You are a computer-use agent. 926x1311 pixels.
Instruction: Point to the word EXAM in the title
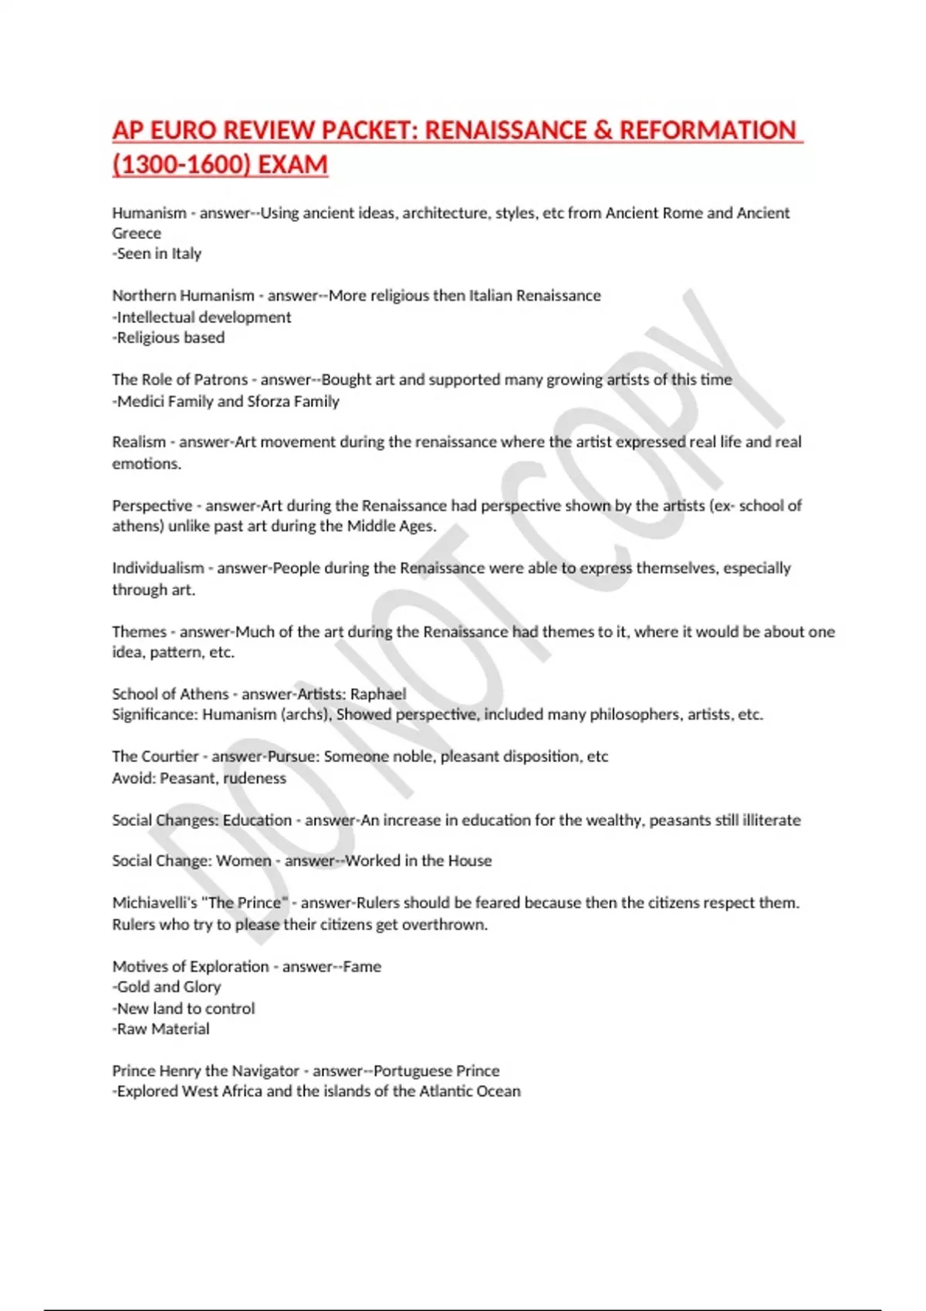(292, 165)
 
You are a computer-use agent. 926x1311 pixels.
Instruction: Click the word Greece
(137, 233)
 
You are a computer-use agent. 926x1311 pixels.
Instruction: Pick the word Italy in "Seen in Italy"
(186, 254)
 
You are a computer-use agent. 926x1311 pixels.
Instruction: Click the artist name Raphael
(378, 693)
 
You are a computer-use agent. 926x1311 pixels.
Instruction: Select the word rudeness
(255, 778)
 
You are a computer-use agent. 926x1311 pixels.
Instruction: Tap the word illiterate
(771, 820)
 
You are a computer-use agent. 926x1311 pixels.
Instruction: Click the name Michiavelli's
(155, 903)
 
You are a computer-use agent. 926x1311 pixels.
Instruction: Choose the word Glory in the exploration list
(202, 987)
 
